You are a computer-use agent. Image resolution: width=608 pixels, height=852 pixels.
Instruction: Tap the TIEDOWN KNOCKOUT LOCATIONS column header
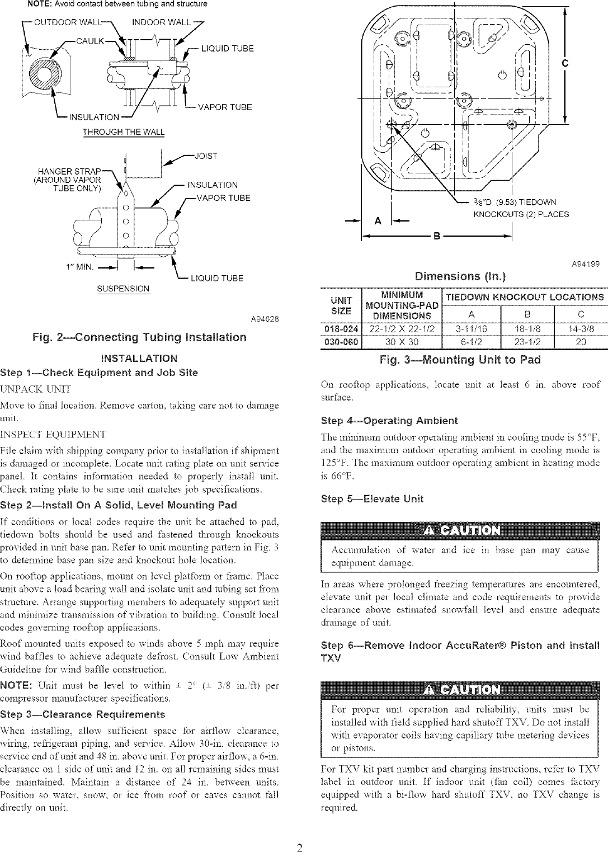pos(525,296)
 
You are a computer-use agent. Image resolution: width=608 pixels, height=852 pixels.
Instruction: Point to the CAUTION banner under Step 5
pos(460,530)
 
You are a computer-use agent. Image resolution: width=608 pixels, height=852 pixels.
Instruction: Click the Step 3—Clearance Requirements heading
pos(83,714)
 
